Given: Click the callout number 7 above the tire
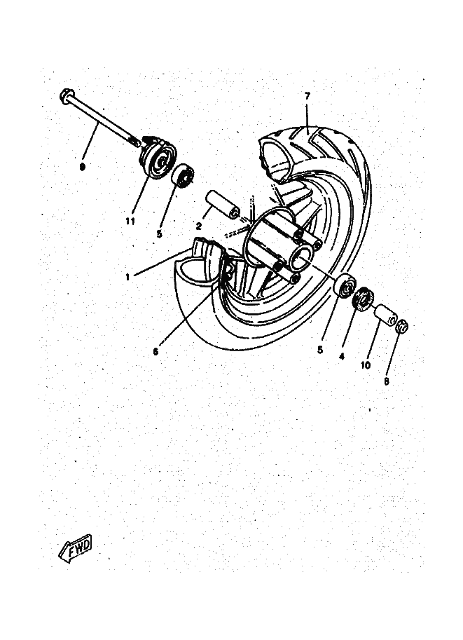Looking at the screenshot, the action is click(307, 96).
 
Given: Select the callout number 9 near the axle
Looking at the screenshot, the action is click(83, 167).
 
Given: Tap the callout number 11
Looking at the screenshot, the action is click(130, 222).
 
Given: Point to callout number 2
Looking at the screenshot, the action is click(199, 225).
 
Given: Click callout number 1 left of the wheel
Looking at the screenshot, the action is click(127, 277).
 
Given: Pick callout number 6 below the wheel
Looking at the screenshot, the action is click(156, 351).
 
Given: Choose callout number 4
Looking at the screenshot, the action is click(341, 356).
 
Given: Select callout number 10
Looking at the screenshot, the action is click(366, 365).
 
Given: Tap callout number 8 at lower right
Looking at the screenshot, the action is click(387, 381).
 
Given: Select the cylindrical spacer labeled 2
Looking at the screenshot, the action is click(223, 204).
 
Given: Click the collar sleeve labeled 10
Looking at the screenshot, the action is click(385, 315).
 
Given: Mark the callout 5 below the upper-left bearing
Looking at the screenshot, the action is click(159, 234).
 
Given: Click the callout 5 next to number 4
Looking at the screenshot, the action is click(320, 350).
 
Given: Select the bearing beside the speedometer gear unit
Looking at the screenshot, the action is click(183, 175).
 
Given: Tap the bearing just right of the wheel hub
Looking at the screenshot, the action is click(345, 286).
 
